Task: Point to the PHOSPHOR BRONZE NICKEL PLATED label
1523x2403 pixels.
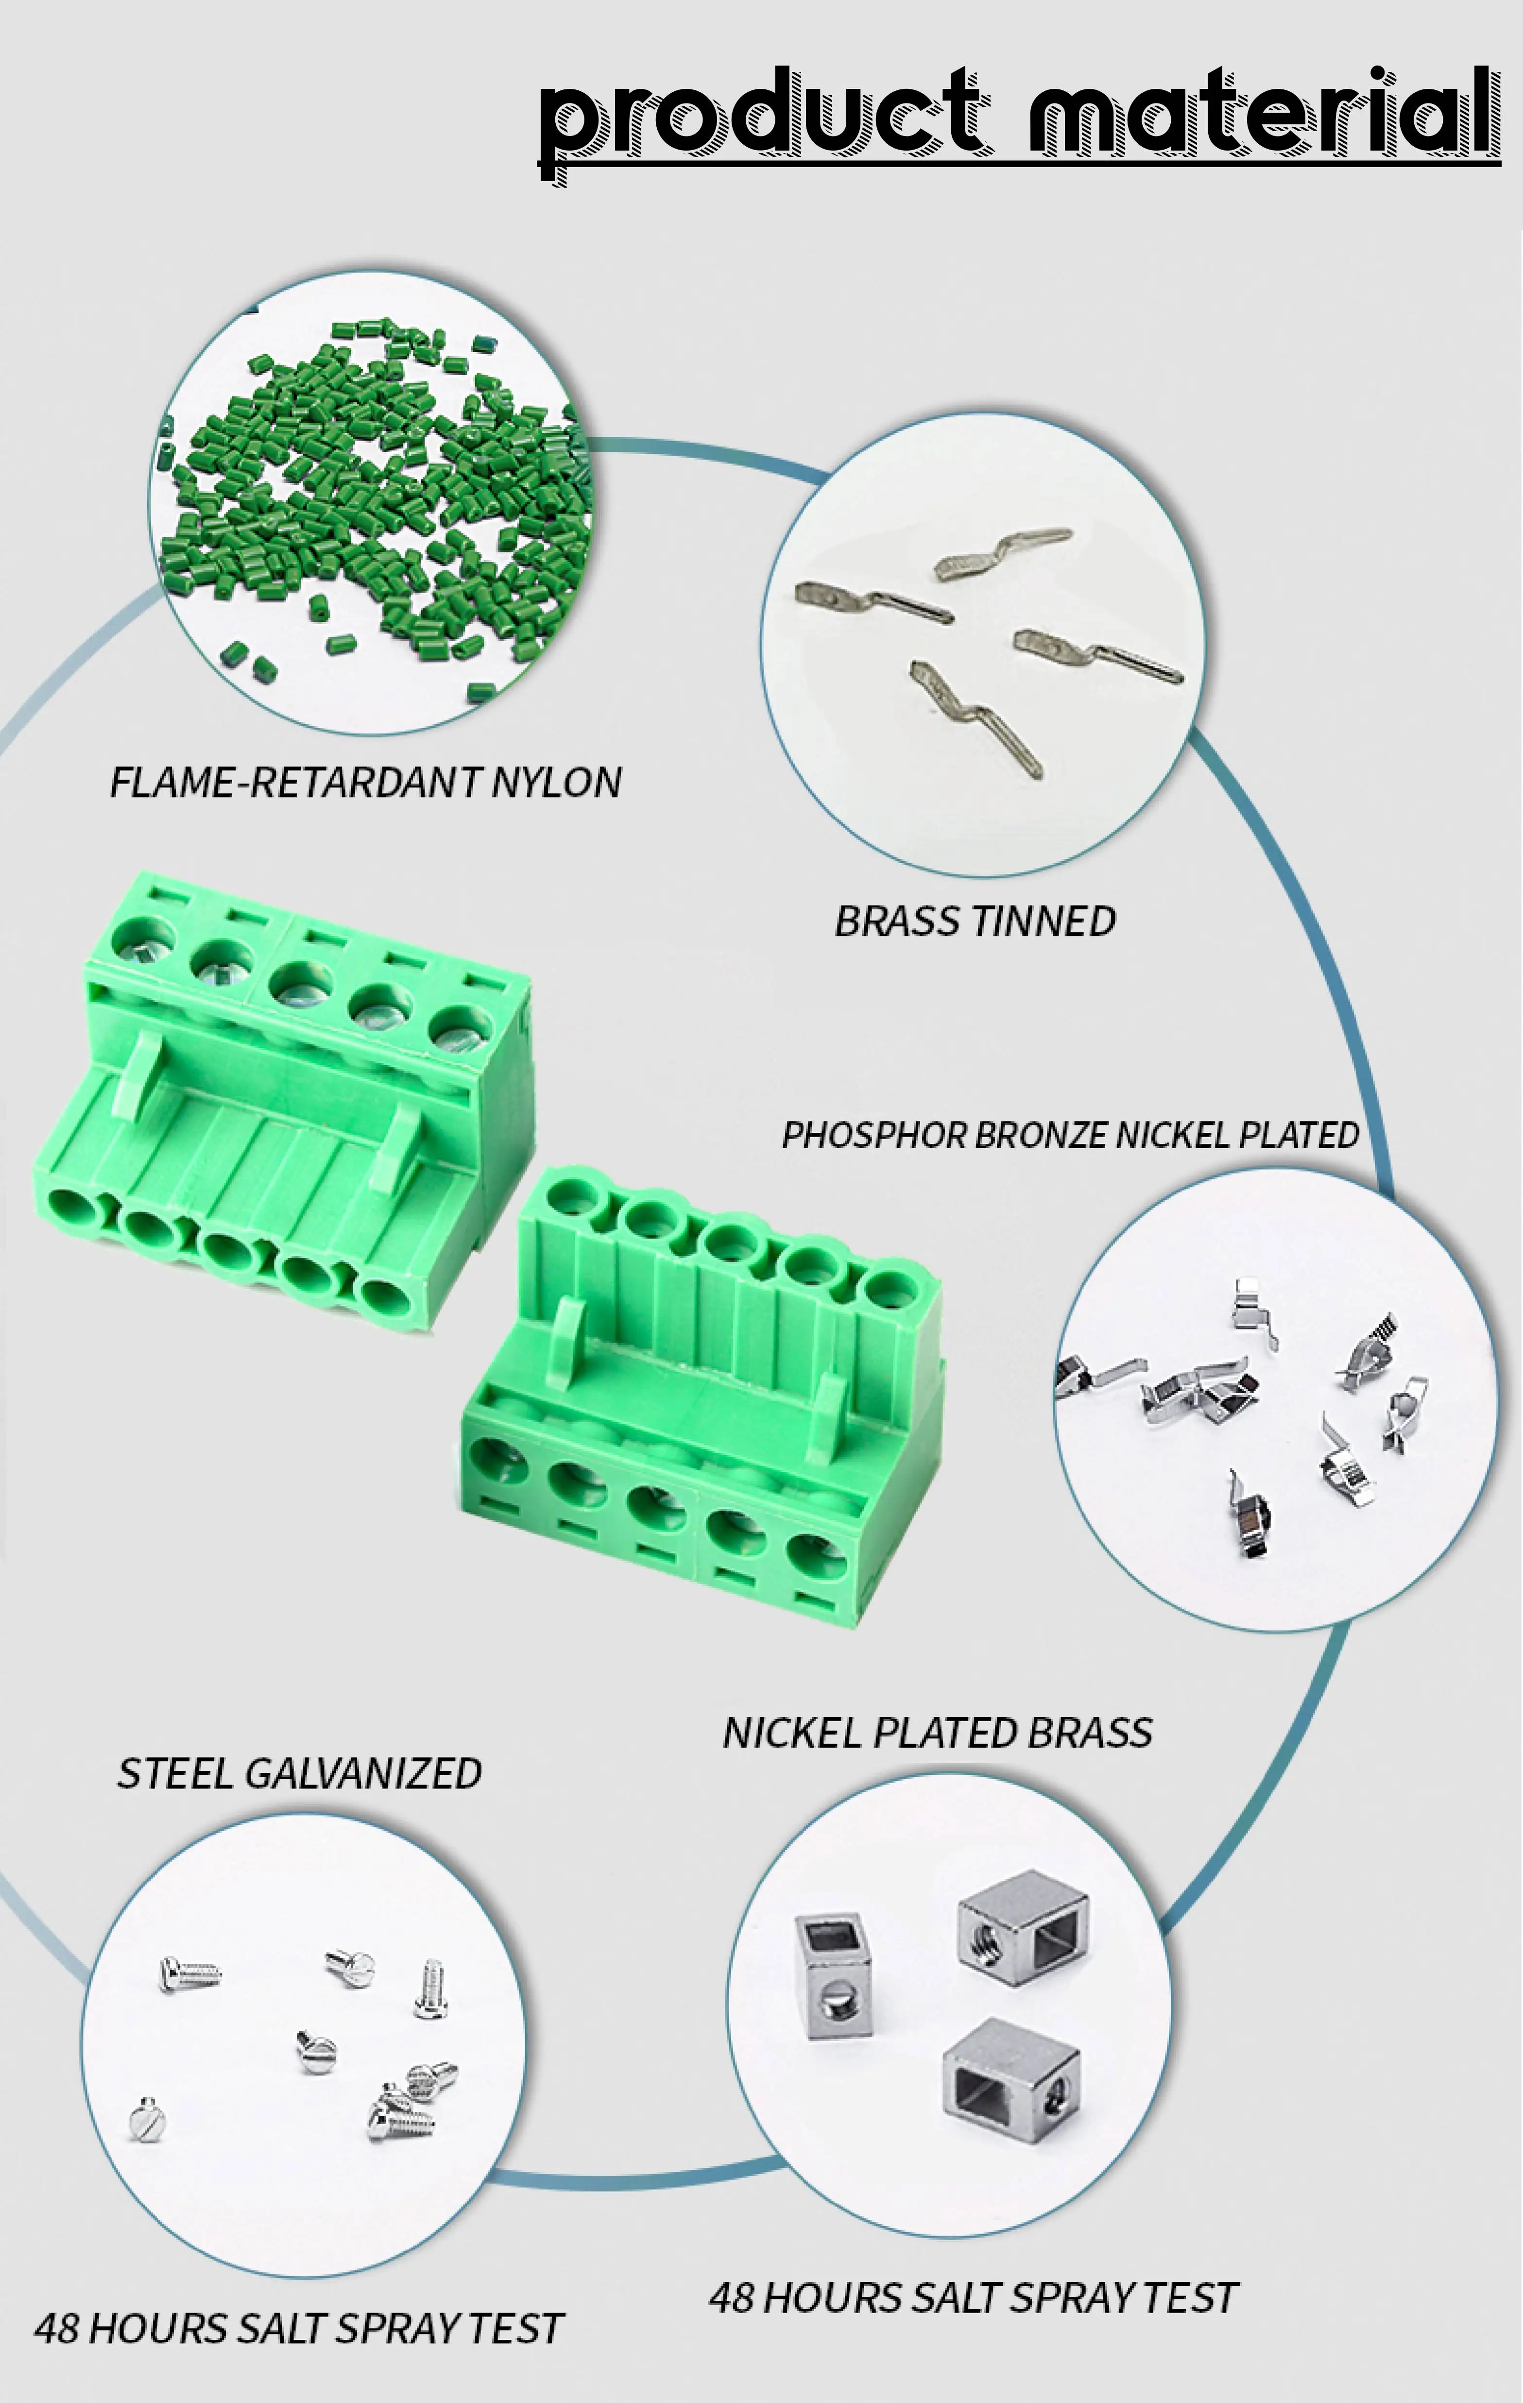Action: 1070,1135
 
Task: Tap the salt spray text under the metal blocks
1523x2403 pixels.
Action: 973,2297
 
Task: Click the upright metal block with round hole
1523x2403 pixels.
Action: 833,1976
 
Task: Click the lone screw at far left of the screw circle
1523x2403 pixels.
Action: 147,2117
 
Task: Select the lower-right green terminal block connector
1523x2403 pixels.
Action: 699,1397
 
